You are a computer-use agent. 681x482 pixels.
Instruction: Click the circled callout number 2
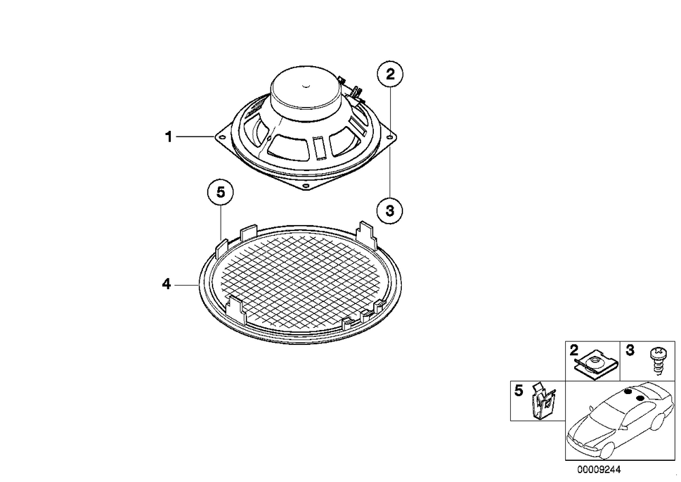click(390, 75)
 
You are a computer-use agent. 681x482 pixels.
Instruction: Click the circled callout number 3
click(390, 211)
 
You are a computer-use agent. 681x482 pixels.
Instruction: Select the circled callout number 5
click(221, 192)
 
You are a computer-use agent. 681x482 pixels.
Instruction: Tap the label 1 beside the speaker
click(168, 137)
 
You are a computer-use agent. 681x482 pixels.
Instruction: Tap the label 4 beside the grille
click(166, 285)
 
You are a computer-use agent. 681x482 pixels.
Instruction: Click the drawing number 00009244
click(599, 470)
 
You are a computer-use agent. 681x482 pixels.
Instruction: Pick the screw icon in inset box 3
click(656, 360)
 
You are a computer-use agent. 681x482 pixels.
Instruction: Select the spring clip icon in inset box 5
click(543, 400)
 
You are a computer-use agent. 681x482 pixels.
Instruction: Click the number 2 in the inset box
click(573, 350)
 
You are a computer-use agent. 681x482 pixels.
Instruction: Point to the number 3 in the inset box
click(630, 350)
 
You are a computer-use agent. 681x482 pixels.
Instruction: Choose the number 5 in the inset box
click(518, 391)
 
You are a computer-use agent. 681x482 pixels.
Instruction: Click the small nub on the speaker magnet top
click(306, 86)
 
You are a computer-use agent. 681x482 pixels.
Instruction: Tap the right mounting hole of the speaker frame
click(390, 138)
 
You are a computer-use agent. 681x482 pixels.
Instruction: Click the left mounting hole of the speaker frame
click(223, 137)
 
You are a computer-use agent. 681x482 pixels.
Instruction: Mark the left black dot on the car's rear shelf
click(627, 392)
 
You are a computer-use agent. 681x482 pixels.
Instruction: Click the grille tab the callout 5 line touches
click(221, 247)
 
